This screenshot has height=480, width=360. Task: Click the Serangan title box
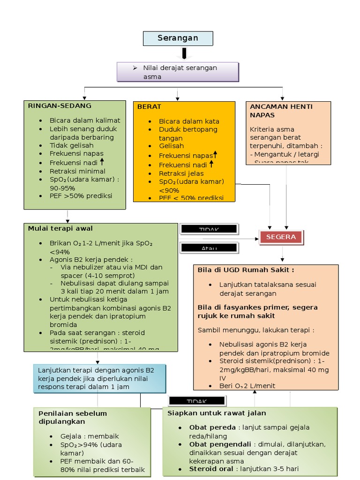178,38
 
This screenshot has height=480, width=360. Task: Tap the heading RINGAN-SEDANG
60,106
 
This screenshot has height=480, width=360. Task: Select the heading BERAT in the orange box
149,107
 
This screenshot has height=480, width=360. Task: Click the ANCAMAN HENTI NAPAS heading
281,111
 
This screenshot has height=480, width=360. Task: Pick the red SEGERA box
281,237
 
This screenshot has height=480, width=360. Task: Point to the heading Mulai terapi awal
60,229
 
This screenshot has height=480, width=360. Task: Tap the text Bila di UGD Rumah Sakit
246,270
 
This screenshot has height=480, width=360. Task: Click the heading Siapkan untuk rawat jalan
217,413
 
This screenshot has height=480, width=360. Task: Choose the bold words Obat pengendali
220,444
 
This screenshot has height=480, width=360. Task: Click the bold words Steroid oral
211,469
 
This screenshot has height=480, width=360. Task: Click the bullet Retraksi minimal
77,171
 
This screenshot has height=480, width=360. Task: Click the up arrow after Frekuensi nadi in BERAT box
211,164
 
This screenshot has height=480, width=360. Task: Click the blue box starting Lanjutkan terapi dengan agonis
100,378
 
